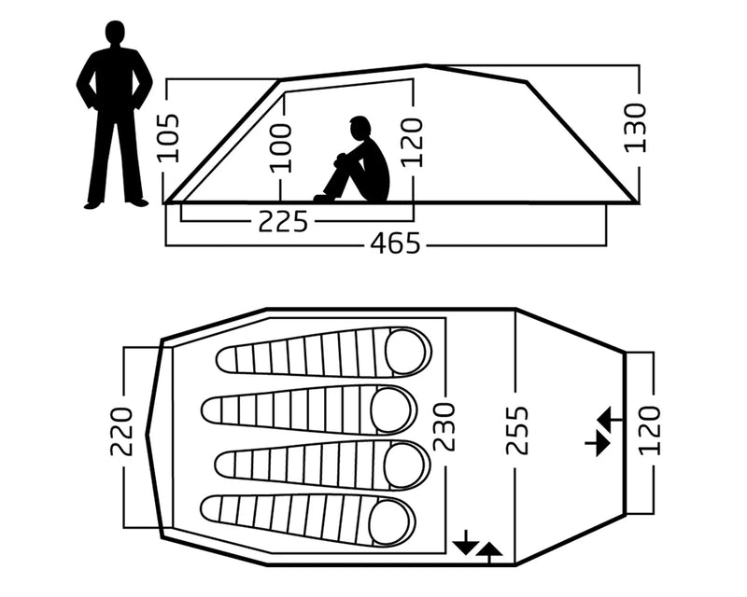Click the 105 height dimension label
169,138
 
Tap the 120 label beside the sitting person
411,142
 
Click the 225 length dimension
282,222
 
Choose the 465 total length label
395,244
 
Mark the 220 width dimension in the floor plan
121,431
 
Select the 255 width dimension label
516,430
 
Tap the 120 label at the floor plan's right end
650,430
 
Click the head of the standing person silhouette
115,35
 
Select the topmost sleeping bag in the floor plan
322,354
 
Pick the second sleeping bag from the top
309,409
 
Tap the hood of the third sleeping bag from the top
405,465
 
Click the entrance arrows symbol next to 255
598,431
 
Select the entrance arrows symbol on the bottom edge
476,546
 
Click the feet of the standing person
115,201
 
